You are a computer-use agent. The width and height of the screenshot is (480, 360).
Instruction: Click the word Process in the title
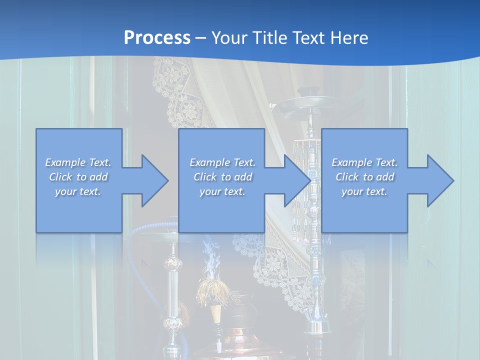pos(157,38)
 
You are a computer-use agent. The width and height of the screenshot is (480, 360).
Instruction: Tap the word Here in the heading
pos(349,38)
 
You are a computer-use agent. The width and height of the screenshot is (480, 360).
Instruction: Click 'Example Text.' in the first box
pos(78,162)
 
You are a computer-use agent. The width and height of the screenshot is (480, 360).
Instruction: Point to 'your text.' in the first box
pos(78,191)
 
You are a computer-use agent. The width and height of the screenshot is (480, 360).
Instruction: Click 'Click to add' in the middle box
pos(222,177)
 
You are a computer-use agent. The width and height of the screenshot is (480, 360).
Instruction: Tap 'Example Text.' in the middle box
pos(222,162)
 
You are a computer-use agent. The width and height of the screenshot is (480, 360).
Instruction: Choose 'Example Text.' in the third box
pos(364,162)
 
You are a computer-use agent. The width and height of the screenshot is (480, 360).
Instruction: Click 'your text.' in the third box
pos(364,191)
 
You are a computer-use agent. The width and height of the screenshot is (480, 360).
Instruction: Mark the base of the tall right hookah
pos(317,327)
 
